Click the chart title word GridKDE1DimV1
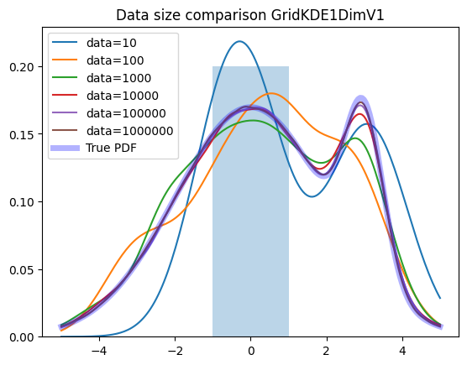point(328,15)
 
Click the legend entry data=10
point(112,43)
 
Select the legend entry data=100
point(115,60)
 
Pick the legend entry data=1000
point(118,78)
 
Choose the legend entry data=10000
point(123,96)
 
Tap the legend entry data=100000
point(126,113)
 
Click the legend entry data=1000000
point(130,131)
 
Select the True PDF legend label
point(112,148)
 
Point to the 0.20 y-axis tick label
point(22,67)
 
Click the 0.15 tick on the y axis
point(22,134)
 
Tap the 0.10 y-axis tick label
point(22,202)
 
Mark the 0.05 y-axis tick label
point(22,270)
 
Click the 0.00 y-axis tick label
point(22,337)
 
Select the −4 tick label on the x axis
point(99,352)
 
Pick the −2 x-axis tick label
point(175,352)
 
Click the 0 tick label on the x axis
point(251,352)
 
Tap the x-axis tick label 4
point(402,352)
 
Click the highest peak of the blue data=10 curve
point(239,41)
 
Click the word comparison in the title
point(225,16)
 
